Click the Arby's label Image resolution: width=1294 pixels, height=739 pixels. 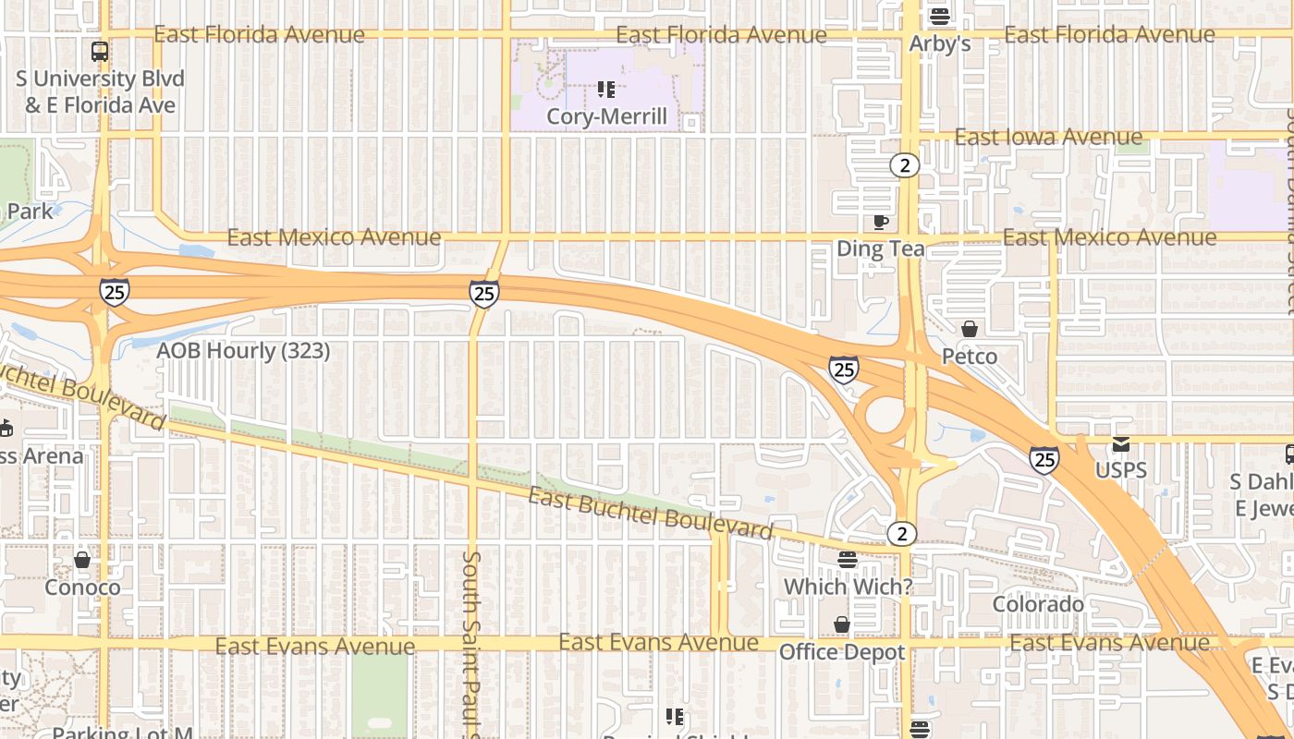pos(940,43)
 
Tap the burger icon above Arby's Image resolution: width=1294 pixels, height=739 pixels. pos(940,16)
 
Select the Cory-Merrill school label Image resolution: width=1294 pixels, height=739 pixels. pos(606,116)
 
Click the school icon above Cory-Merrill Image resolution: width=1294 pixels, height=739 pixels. pos(606,90)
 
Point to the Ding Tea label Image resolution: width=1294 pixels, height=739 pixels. pos(880,248)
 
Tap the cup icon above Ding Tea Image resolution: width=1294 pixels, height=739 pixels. pos(880,222)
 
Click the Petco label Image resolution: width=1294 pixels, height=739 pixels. pos(970,357)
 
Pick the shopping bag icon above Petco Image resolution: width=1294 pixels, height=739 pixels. pos(970,329)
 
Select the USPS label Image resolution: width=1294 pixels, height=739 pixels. pos(1121,470)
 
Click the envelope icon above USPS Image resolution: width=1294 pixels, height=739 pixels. pos(1121,444)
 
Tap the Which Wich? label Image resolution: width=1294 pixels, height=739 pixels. pos(848,587)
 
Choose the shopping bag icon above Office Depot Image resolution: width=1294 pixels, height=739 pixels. pos(841,625)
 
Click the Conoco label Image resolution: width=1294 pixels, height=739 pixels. pos(82,588)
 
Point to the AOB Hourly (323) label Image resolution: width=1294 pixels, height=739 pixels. pos(243,351)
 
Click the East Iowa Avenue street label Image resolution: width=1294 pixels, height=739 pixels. pos(1048,138)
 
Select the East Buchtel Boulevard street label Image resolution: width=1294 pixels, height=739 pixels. pos(650,514)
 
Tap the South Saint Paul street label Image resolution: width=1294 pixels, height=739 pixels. pos(471,642)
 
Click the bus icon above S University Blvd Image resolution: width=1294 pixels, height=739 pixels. pos(100,52)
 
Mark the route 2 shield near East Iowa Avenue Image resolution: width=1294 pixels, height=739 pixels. pos(904,165)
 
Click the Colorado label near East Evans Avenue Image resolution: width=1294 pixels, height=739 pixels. pos(1038,604)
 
